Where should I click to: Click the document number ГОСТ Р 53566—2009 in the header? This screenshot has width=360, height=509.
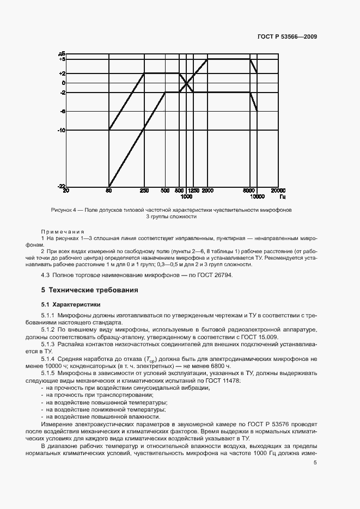(x=287, y=37)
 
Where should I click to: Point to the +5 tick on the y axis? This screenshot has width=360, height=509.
(x=62, y=59)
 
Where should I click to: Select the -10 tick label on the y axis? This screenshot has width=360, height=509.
(x=62, y=130)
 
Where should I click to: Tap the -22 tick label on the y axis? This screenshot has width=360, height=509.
(x=62, y=186)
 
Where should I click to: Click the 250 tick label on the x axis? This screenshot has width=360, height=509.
(x=144, y=191)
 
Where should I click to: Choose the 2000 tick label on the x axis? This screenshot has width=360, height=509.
(x=208, y=191)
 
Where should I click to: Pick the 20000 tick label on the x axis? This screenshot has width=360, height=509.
(x=278, y=191)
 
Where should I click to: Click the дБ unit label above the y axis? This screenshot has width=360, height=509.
(x=62, y=53)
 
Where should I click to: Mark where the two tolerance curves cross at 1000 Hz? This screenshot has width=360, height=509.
(x=187, y=83)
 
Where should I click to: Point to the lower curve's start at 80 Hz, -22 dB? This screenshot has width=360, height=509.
(x=109, y=186)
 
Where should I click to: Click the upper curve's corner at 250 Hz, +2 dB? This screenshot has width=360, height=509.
(x=144, y=73)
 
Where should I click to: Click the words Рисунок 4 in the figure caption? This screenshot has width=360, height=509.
(x=64, y=210)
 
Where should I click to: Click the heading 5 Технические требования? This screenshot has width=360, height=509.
(x=89, y=290)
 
